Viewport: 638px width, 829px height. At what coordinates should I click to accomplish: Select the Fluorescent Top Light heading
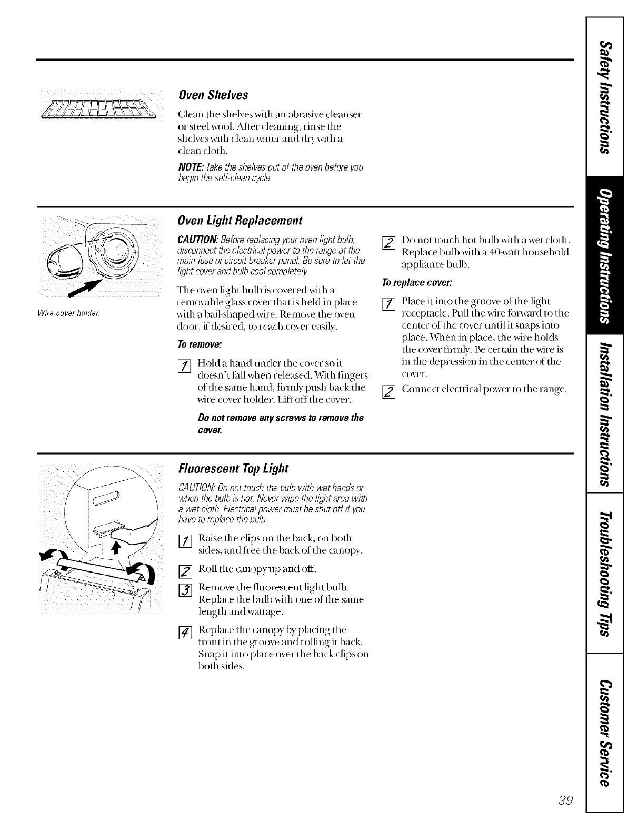coord(234,468)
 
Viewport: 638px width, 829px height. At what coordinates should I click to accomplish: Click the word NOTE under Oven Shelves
coord(192,167)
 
